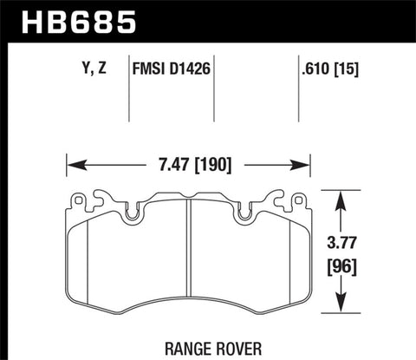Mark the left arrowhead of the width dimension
(73, 163)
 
